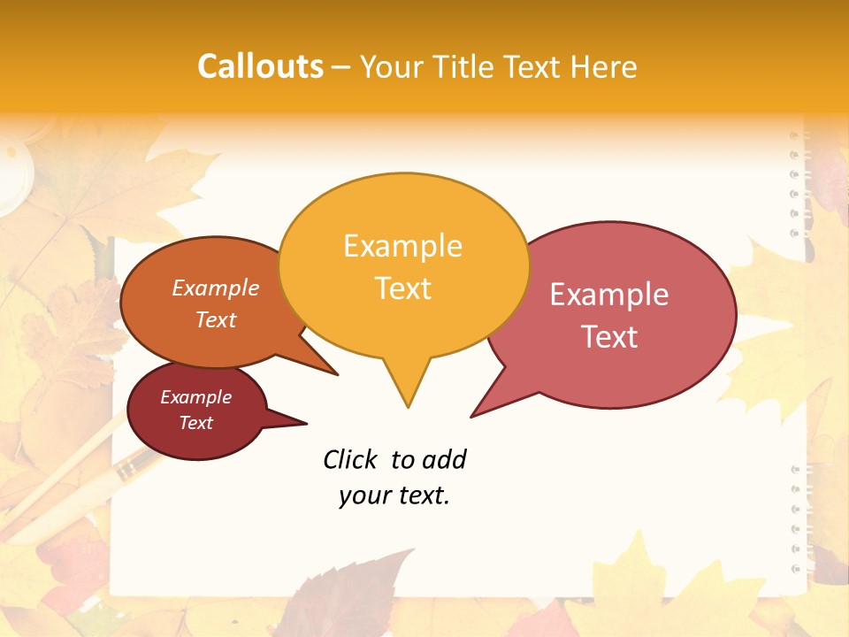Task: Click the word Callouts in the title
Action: (260, 66)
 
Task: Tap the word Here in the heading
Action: (605, 66)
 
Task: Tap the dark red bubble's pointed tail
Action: (297, 422)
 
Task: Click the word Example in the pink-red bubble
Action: (609, 295)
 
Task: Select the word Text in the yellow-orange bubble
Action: (403, 288)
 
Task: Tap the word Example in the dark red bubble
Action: (195, 397)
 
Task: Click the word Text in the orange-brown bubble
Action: (216, 319)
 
